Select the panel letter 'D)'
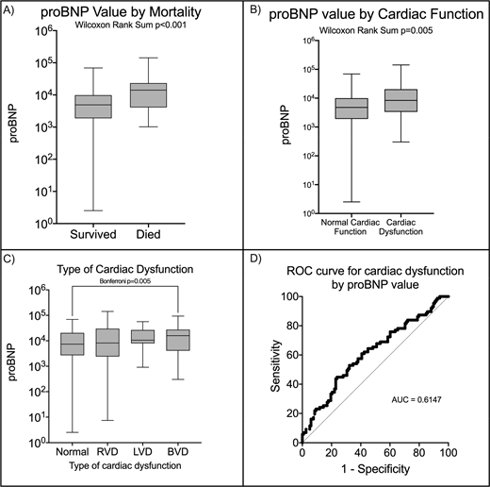pos(256,256)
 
